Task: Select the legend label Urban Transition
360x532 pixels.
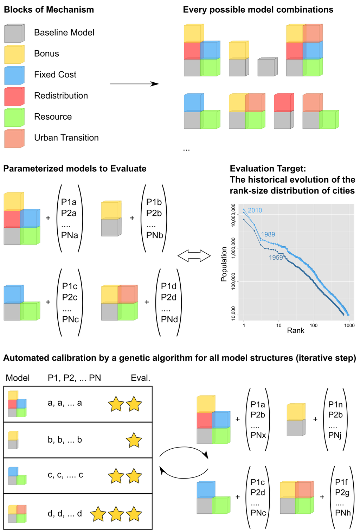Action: click(x=66, y=138)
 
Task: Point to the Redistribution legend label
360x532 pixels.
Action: click(x=61, y=96)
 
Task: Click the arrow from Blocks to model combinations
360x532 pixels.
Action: click(x=134, y=84)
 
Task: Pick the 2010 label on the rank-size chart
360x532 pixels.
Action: click(x=255, y=210)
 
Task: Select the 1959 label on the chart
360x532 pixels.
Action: click(x=276, y=258)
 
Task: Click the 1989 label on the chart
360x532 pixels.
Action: click(x=268, y=234)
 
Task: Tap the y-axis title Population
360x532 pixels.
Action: click(x=224, y=264)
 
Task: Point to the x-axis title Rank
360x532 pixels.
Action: click(x=295, y=330)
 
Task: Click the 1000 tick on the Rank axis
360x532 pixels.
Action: click(x=349, y=325)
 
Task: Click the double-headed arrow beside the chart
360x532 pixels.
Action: click(x=194, y=256)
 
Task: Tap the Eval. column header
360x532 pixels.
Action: click(x=140, y=378)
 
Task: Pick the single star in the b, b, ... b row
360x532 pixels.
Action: click(x=134, y=441)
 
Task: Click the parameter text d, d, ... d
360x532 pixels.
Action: click(x=65, y=513)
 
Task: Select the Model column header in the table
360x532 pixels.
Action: click(x=18, y=378)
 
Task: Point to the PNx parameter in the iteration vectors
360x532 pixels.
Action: click(x=258, y=435)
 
